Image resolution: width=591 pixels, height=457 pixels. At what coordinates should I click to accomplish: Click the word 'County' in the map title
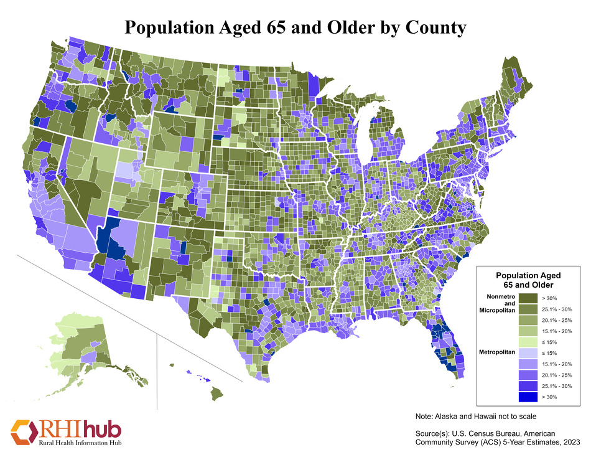point(430,27)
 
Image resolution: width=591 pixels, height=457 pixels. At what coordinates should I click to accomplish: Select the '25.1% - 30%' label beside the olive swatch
point(557,309)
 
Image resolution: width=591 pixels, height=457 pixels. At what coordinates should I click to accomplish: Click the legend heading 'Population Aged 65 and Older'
point(528,280)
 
